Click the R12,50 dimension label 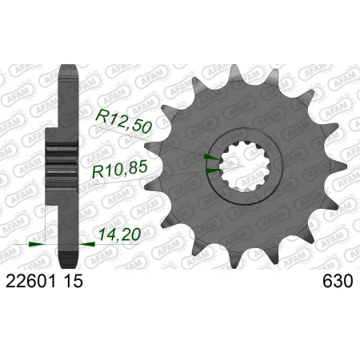(124, 122)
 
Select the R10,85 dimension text (119, 170)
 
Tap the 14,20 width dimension (119, 234)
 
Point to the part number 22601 (30, 281)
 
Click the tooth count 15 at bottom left (73, 281)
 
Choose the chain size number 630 (338, 281)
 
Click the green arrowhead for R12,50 (212, 158)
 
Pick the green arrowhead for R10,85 (214, 170)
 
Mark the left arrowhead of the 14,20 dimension (37, 244)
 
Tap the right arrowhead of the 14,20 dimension (87, 244)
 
